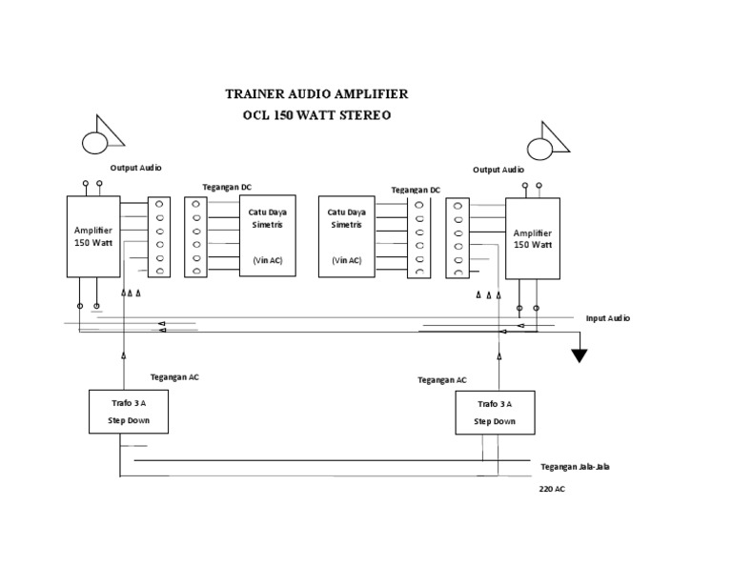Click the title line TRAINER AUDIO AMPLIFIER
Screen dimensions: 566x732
click(x=315, y=94)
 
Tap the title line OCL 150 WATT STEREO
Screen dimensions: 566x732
click(x=317, y=114)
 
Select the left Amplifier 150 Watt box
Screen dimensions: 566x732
click(x=93, y=236)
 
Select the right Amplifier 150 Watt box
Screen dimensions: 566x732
click(x=532, y=238)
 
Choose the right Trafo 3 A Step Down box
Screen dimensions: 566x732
click(x=495, y=413)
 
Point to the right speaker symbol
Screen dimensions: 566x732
click(x=547, y=140)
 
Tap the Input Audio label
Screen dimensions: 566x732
click(x=607, y=318)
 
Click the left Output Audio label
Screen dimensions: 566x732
click(x=135, y=168)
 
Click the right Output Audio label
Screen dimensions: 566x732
click(x=498, y=170)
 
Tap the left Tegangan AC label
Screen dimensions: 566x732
click(x=174, y=377)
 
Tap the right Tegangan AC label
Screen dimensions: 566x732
click(x=442, y=379)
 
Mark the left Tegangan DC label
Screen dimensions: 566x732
click(x=228, y=187)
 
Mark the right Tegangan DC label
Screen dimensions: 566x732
click(x=416, y=189)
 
